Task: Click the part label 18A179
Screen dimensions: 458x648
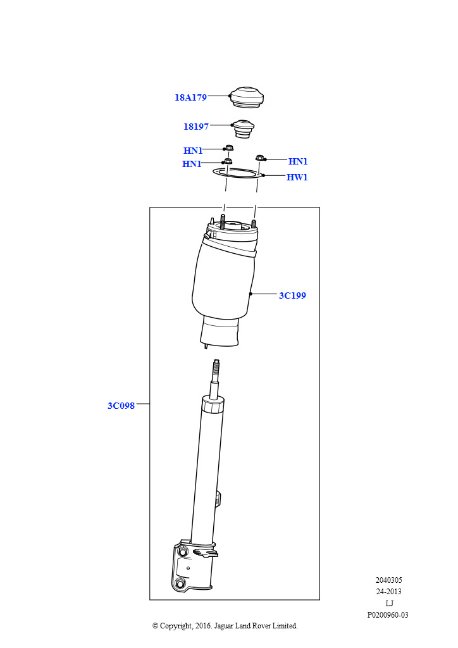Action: (x=190, y=97)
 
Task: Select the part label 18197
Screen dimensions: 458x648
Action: (x=195, y=127)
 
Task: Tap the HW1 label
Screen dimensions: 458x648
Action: (x=297, y=177)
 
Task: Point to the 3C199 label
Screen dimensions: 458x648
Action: (x=292, y=296)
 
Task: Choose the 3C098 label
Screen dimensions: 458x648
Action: (x=121, y=406)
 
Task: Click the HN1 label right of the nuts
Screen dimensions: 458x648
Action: (x=298, y=161)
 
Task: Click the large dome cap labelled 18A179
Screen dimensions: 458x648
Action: (x=247, y=98)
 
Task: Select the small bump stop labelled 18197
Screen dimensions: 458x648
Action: (x=244, y=128)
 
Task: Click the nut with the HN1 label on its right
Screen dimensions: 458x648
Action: (x=260, y=158)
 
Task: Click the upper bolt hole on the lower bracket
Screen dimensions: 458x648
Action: (x=182, y=551)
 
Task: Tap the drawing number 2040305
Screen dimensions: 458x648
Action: (x=388, y=580)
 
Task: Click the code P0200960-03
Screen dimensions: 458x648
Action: (x=388, y=615)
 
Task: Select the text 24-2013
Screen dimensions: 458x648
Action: (x=388, y=592)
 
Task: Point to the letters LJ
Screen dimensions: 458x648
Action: (x=389, y=603)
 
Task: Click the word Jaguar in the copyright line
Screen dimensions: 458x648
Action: (x=224, y=626)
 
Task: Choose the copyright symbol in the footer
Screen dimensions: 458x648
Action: (x=155, y=626)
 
